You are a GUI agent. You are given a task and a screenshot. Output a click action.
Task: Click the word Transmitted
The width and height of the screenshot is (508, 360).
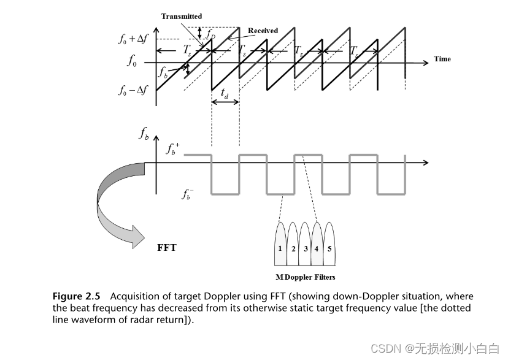[x=182, y=17]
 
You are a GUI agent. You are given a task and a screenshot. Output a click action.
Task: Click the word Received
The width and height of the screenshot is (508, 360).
[x=263, y=31]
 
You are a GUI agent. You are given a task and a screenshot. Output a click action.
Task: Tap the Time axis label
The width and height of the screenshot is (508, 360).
[x=442, y=59]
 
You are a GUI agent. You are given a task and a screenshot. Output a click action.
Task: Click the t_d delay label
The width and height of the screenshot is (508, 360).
[x=225, y=94]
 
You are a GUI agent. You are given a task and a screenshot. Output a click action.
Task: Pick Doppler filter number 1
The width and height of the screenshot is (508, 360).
[x=280, y=249]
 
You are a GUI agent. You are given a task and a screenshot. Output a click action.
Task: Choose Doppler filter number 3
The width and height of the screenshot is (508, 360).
[x=306, y=249]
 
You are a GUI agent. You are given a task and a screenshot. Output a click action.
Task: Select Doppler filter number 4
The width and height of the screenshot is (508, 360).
[x=317, y=249]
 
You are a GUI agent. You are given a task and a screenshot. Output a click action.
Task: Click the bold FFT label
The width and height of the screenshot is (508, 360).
[x=166, y=248]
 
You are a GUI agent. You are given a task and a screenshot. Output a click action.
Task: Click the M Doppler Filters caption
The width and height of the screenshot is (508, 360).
[x=305, y=277]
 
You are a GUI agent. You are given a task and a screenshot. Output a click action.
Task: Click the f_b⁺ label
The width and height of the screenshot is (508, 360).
[x=173, y=148]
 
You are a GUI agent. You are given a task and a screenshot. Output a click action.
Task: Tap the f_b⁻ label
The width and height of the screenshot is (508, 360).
[x=188, y=194]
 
